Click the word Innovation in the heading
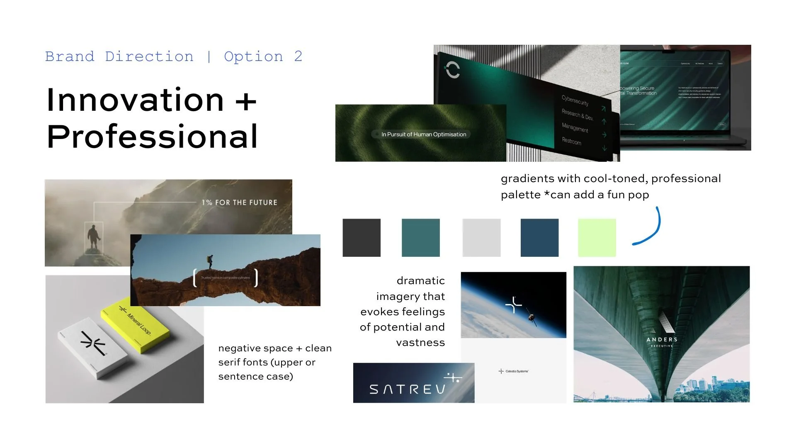click(x=135, y=100)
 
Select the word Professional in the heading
click(x=152, y=137)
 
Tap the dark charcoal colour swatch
click(x=361, y=238)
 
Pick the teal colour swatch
click(x=420, y=238)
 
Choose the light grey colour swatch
click(x=481, y=238)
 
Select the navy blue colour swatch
click(x=539, y=238)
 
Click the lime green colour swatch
click(x=597, y=238)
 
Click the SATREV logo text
click(x=407, y=389)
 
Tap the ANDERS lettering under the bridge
click(x=662, y=339)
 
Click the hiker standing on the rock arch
click(x=210, y=262)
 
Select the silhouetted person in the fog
click(x=94, y=238)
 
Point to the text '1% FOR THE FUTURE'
click(x=239, y=202)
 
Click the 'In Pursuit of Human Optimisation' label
click(x=423, y=134)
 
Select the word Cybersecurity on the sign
click(x=575, y=100)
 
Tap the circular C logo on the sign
click(x=452, y=70)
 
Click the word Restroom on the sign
click(x=571, y=141)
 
